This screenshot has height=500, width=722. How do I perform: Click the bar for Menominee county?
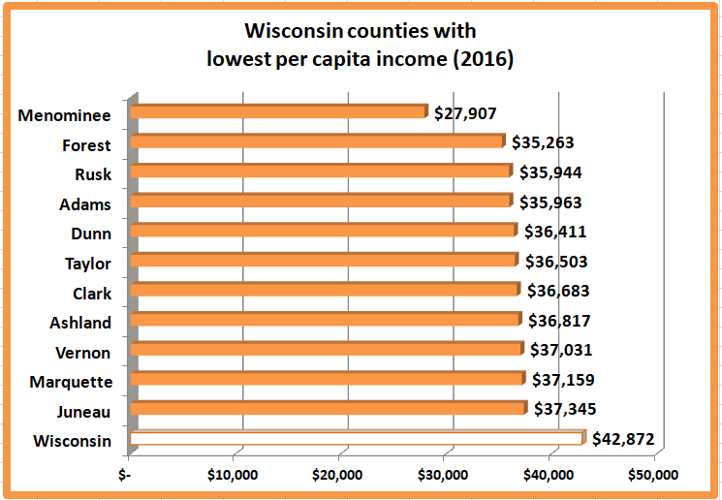tap(278, 112)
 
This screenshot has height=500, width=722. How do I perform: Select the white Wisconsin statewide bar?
tap(357, 439)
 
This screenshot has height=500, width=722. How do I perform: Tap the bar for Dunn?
tap(323, 231)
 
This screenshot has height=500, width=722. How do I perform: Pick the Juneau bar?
tap(328, 409)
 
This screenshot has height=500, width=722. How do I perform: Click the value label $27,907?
tap(465, 113)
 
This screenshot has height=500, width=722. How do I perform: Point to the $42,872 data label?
tap(623, 440)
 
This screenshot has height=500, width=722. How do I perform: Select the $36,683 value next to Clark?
tap(557, 291)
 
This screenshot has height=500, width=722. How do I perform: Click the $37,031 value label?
tap(560, 350)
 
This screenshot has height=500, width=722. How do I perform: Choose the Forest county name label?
tap(87, 145)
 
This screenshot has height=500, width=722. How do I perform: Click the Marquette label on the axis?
tap(71, 383)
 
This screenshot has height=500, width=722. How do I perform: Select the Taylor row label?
tap(88, 264)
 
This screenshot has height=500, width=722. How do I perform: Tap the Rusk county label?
tap(93, 175)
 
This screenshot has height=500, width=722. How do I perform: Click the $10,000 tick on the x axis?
tap(233, 475)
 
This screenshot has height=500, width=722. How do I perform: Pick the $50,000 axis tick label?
tap(654, 475)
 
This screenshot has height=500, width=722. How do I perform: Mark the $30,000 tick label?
tap(443, 475)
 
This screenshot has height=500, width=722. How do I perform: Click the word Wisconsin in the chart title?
tap(285, 33)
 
